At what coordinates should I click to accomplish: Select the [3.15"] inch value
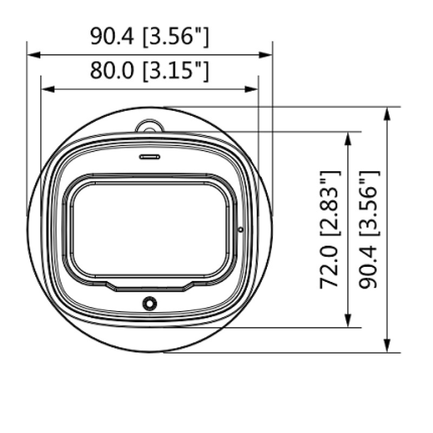tap(175, 71)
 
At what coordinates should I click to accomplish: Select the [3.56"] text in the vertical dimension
tap(369, 203)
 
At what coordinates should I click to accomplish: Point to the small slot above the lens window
tap(149, 156)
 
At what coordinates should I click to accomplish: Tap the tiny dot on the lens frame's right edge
tap(240, 229)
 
